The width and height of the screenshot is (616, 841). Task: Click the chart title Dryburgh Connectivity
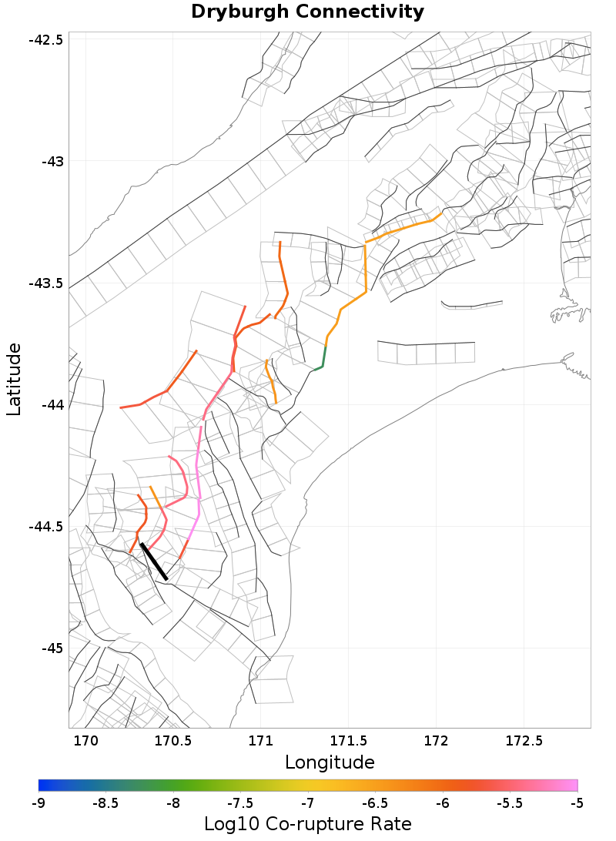307,12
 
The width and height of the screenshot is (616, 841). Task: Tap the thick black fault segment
154,561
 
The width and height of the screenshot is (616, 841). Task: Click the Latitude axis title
14,380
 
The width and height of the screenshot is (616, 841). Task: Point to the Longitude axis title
330,762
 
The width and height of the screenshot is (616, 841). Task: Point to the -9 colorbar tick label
38,803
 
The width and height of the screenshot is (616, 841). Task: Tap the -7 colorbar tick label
308,803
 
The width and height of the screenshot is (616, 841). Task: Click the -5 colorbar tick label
577,803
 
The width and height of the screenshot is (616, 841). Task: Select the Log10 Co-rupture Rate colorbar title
308,823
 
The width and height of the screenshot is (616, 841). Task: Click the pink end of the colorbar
573,785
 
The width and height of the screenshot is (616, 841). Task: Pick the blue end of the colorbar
43,785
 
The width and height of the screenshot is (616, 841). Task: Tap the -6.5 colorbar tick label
375,803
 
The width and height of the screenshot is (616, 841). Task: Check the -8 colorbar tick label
173,803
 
